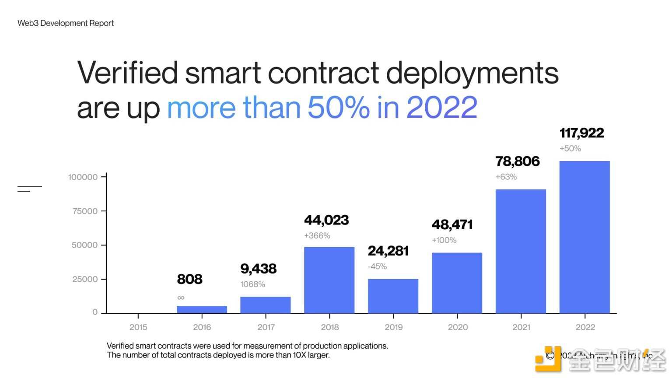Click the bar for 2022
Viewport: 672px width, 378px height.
click(x=584, y=237)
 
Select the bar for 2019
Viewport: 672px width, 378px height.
click(x=393, y=296)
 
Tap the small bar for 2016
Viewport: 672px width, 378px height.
click(x=202, y=309)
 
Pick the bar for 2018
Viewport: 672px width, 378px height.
click(x=329, y=280)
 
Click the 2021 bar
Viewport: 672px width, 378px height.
click(x=521, y=251)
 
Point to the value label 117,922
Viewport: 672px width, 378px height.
click(x=581, y=133)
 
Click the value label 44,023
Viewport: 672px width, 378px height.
click(x=326, y=220)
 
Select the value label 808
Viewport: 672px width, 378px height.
click(x=189, y=279)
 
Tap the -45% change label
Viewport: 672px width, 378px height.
click(x=377, y=266)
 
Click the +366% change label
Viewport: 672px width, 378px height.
click(x=317, y=236)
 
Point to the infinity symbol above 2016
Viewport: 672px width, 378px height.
click(x=181, y=298)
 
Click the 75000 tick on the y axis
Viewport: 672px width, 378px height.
click(x=85, y=211)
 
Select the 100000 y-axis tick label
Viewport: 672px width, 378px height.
click(x=83, y=177)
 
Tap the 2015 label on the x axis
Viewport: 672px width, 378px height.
click(x=138, y=327)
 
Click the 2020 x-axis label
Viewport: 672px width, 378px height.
click(x=458, y=327)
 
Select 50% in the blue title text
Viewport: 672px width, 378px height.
click(x=338, y=107)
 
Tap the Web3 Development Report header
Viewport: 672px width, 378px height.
click(x=66, y=23)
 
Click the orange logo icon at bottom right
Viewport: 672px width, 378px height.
click(x=548, y=359)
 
